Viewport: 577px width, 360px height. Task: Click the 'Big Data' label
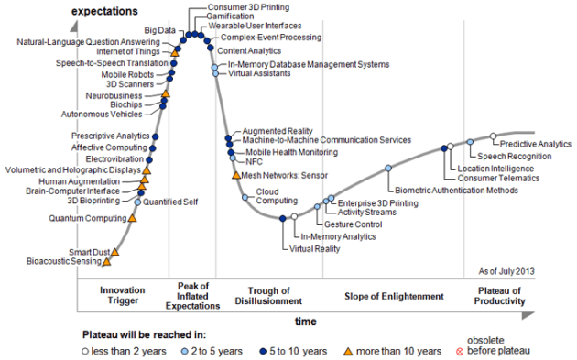[x=160, y=30]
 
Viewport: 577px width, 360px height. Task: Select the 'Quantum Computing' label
[x=87, y=219]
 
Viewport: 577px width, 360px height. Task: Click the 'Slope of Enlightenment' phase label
[x=394, y=296]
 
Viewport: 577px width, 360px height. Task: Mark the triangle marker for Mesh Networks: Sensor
[x=236, y=175]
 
